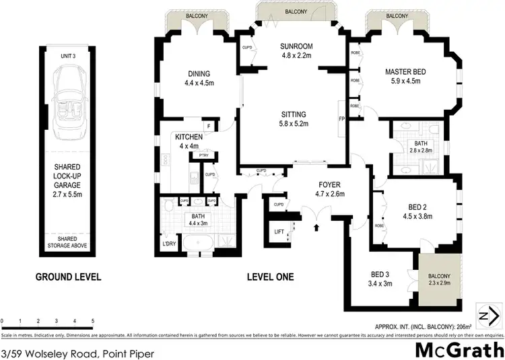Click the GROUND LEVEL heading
click(x=68, y=277)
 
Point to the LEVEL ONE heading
click(x=270, y=277)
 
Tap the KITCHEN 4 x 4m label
click(x=189, y=141)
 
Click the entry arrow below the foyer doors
click(x=316, y=229)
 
